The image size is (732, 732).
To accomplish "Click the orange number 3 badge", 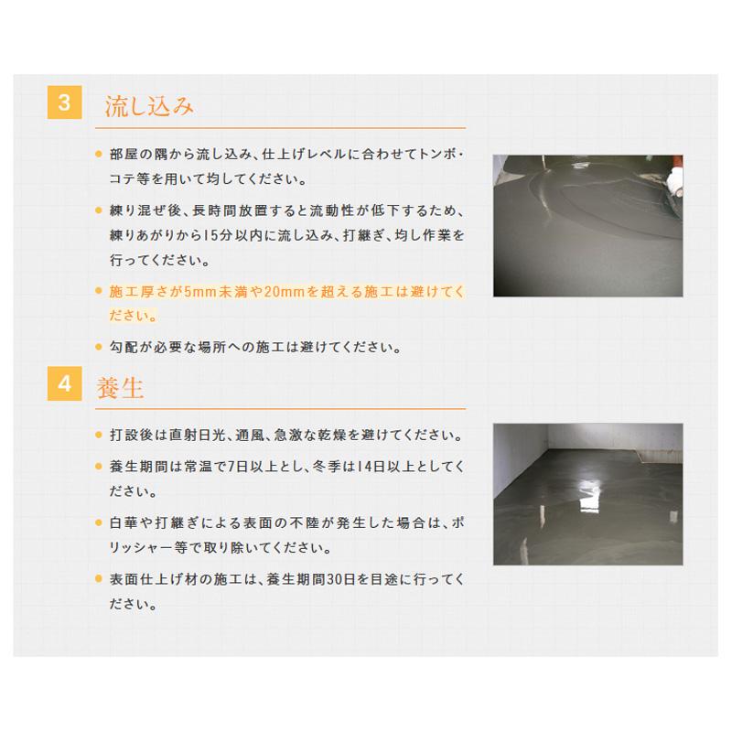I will click(x=64, y=103).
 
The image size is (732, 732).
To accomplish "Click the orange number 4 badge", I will click(x=64, y=385).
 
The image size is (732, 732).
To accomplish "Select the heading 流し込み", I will click(x=150, y=105).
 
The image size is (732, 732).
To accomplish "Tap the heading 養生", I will click(x=121, y=387).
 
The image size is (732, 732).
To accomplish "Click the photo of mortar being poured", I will click(x=588, y=225).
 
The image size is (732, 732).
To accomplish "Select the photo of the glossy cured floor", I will click(x=588, y=494).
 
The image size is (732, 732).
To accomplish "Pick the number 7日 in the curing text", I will click(x=259, y=465).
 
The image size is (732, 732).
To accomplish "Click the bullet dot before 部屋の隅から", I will click(x=99, y=154).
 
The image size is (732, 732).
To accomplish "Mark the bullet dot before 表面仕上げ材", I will click(x=99, y=578).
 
